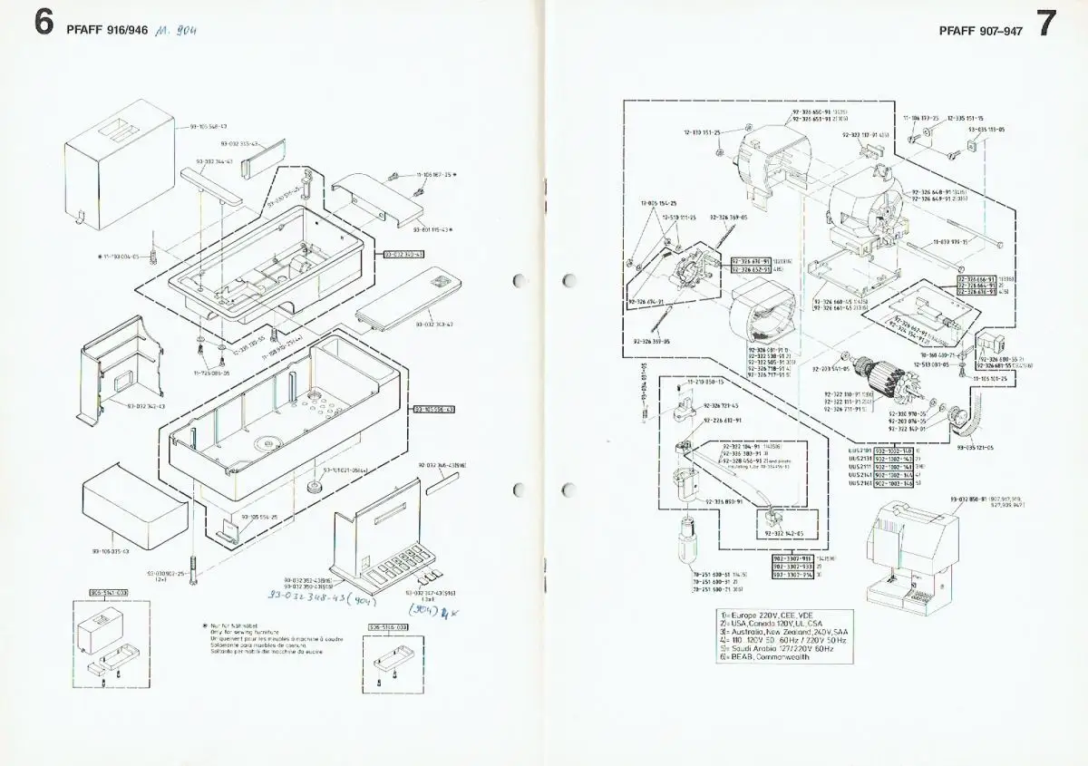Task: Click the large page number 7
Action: pyautogui.click(x=1045, y=24)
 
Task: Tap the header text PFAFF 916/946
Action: pyautogui.click(x=105, y=27)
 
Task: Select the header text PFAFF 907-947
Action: pyautogui.click(x=981, y=27)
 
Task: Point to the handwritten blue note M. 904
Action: pyautogui.click(x=176, y=28)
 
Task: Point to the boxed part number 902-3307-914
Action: pyautogui.click(x=791, y=575)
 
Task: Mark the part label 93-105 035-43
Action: pyautogui.click(x=111, y=550)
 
